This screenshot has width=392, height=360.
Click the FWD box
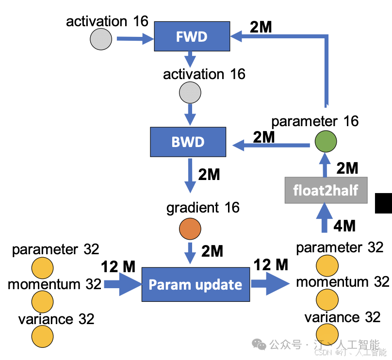pos(192,36)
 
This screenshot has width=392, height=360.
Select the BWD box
pos(188,142)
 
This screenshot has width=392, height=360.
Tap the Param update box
pos(196,284)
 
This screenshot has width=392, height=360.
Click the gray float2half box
pos(326,190)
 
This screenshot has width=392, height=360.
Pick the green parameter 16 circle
pos(326,141)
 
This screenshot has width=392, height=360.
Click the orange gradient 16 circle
pos(190,229)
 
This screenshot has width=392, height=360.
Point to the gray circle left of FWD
pos(101,39)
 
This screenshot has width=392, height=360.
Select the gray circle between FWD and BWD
pos(190,93)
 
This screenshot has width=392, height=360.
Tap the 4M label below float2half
pos(344,226)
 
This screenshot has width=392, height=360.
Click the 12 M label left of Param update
pos(118,266)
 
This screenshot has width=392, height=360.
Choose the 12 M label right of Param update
pos(271,265)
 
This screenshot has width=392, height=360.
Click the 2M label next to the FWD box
pos(261,27)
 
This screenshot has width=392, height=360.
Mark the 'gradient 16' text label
pos(203,208)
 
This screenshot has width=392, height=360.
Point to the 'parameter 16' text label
pos(315,121)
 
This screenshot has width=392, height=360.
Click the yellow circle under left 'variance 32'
pos(43,337)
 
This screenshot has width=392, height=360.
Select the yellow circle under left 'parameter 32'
pos(43,268)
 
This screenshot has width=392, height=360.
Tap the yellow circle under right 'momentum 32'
pos(327,300)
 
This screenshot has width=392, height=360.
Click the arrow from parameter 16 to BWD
pos(271,145)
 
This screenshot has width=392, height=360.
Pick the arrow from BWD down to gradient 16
pos(190,176)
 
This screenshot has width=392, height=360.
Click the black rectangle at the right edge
pos(383,203)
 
